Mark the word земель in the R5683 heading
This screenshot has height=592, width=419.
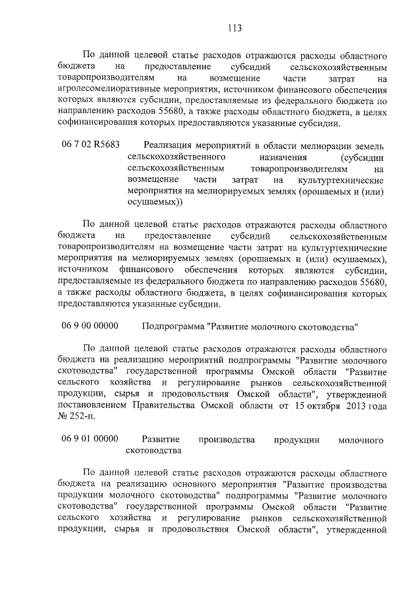369,146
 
